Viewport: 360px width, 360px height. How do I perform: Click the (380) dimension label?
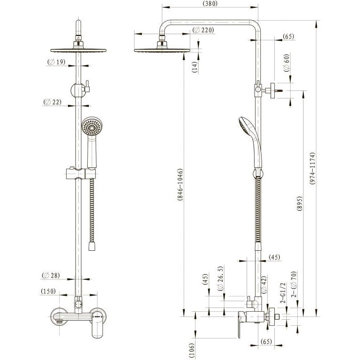click(210, 4)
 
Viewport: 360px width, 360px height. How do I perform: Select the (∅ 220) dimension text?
click(203, 30)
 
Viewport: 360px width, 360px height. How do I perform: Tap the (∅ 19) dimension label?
click(56, 62)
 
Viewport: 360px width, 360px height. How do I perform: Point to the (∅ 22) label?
click(52, 102)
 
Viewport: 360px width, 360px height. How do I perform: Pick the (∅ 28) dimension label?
click(51, 275)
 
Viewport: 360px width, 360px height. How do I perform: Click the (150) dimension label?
click(48, 292)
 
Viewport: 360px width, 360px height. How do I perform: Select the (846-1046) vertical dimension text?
click(180, 185)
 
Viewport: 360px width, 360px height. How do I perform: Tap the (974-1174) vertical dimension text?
click(312, 168)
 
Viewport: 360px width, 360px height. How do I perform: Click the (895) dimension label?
click(300, 203)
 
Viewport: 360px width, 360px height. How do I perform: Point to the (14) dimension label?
click(195, 67)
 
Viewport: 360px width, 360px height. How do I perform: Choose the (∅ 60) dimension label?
click(286, 63)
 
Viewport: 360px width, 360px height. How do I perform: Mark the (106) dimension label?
click(192, 350)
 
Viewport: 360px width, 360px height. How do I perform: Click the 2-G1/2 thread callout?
click(283, 293)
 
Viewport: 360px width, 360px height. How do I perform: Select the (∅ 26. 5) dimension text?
click(220, 279)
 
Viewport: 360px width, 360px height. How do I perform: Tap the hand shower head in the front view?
click(92, 126)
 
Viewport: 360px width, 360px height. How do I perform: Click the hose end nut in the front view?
click(92, 246)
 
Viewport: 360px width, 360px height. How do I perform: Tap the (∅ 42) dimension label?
click(264, 284)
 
